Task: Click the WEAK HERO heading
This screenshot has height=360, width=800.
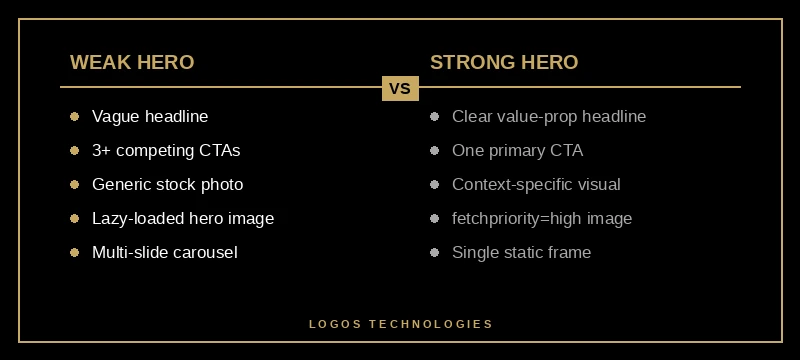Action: coord(132,62)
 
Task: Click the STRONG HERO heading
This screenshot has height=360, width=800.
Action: coord(504,62)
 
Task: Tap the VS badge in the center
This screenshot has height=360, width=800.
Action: coord(400,88)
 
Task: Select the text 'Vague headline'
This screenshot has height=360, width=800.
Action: coord(150,116)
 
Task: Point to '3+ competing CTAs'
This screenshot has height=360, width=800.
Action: coord(166,150)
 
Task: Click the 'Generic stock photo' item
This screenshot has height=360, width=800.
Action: coord(167,184)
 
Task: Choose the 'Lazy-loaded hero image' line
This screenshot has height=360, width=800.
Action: coord(182,218)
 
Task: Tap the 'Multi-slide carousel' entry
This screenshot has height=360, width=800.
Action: coord(164,252)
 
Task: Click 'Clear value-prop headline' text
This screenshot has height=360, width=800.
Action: coord(549,116)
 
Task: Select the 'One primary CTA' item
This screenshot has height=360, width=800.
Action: coord(517,150)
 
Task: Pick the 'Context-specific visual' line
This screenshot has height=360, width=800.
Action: coord(536,184)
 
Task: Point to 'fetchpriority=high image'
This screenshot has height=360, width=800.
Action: coord(542,218)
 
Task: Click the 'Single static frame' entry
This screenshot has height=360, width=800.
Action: coord(521,252)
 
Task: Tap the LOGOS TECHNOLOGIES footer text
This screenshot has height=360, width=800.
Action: coord(400,324)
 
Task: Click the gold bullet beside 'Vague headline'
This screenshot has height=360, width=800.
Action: coord(74,116)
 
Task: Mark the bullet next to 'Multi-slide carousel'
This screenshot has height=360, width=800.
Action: coord(74,252)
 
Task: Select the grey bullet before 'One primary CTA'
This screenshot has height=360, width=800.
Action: coord(434,150)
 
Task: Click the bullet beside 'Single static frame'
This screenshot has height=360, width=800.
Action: coord(434,252)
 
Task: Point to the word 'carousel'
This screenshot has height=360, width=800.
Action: coord(204,252)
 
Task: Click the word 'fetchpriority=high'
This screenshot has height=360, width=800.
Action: coord(518,218)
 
